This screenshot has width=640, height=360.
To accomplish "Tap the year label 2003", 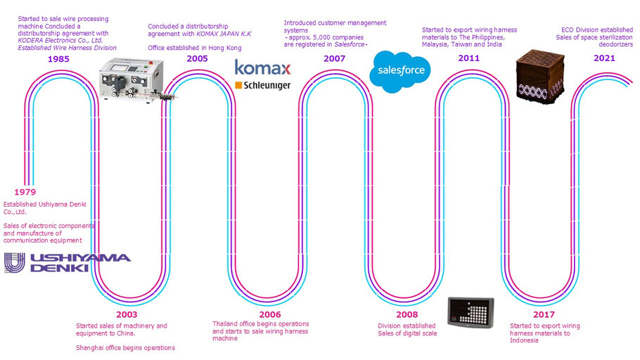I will click(127, 314).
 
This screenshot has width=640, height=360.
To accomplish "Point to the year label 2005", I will click(197, 58).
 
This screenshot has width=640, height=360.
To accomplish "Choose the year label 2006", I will click(269, 314).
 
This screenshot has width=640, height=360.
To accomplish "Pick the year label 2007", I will click(334, 58).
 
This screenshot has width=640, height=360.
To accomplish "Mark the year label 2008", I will click(407, 314).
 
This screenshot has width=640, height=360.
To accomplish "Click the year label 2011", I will click(469, 58).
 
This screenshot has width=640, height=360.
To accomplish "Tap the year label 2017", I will click(543, 314).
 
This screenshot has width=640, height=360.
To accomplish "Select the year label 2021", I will click(604, 58).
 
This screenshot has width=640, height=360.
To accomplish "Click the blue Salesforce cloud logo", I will click(400, 71).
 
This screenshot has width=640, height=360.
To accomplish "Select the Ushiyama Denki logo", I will click(68, 262).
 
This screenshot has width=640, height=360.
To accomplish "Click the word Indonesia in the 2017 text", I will click(524, 340).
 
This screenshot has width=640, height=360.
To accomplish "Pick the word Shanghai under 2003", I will click(91, 347).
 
